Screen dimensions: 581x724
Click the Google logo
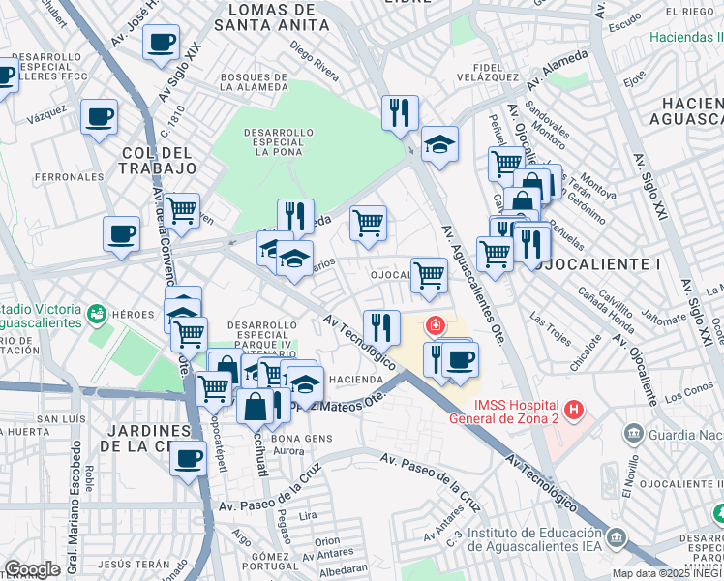point(32,569)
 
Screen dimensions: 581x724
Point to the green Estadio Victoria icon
point(96,314)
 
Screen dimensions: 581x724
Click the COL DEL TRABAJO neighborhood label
point(159,160)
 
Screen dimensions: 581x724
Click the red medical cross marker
point(437,324)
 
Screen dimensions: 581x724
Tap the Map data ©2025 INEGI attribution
point(667,573)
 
